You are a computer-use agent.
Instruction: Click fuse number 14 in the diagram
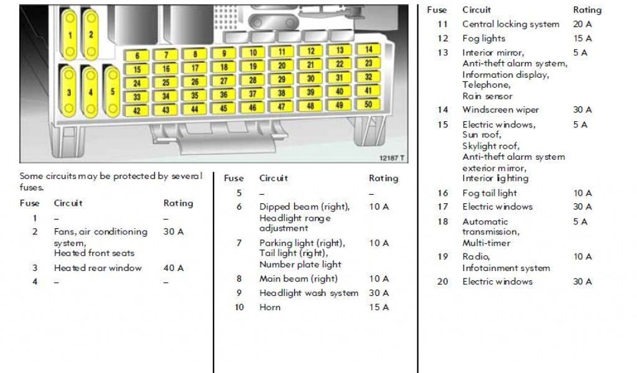click(369, 49)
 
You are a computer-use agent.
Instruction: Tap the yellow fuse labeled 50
click(368, 104)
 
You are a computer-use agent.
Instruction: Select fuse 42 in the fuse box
click(137, 111)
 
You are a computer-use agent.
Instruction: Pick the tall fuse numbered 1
click(70, 35)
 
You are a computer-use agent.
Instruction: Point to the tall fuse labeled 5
click(112, 92)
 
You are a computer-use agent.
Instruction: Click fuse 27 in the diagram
click(224, 81)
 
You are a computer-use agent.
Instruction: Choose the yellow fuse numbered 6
click(137, 56)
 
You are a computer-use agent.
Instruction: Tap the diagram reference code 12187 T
click(392, 159)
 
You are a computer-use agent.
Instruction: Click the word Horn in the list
click(270, 307)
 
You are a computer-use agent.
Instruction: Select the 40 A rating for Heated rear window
click(174, 268)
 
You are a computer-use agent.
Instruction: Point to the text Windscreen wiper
click(501, 110)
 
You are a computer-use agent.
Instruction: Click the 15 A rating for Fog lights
click(582, 39)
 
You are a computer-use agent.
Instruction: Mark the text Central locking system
click(511, 24)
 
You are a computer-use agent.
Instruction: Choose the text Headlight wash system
click(309, 293)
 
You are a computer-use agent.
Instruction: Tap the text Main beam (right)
click(299, 279)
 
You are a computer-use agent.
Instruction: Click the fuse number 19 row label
click(442, 257)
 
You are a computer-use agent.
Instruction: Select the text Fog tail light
click(490, 193)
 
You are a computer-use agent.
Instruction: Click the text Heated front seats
click(94, 253)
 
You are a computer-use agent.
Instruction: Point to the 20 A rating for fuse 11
click(582, 24)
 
